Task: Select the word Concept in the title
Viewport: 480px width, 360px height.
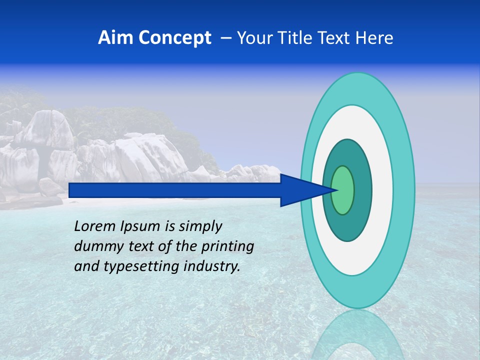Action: point(175,38)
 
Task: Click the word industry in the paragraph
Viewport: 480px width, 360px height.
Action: point(212,266)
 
